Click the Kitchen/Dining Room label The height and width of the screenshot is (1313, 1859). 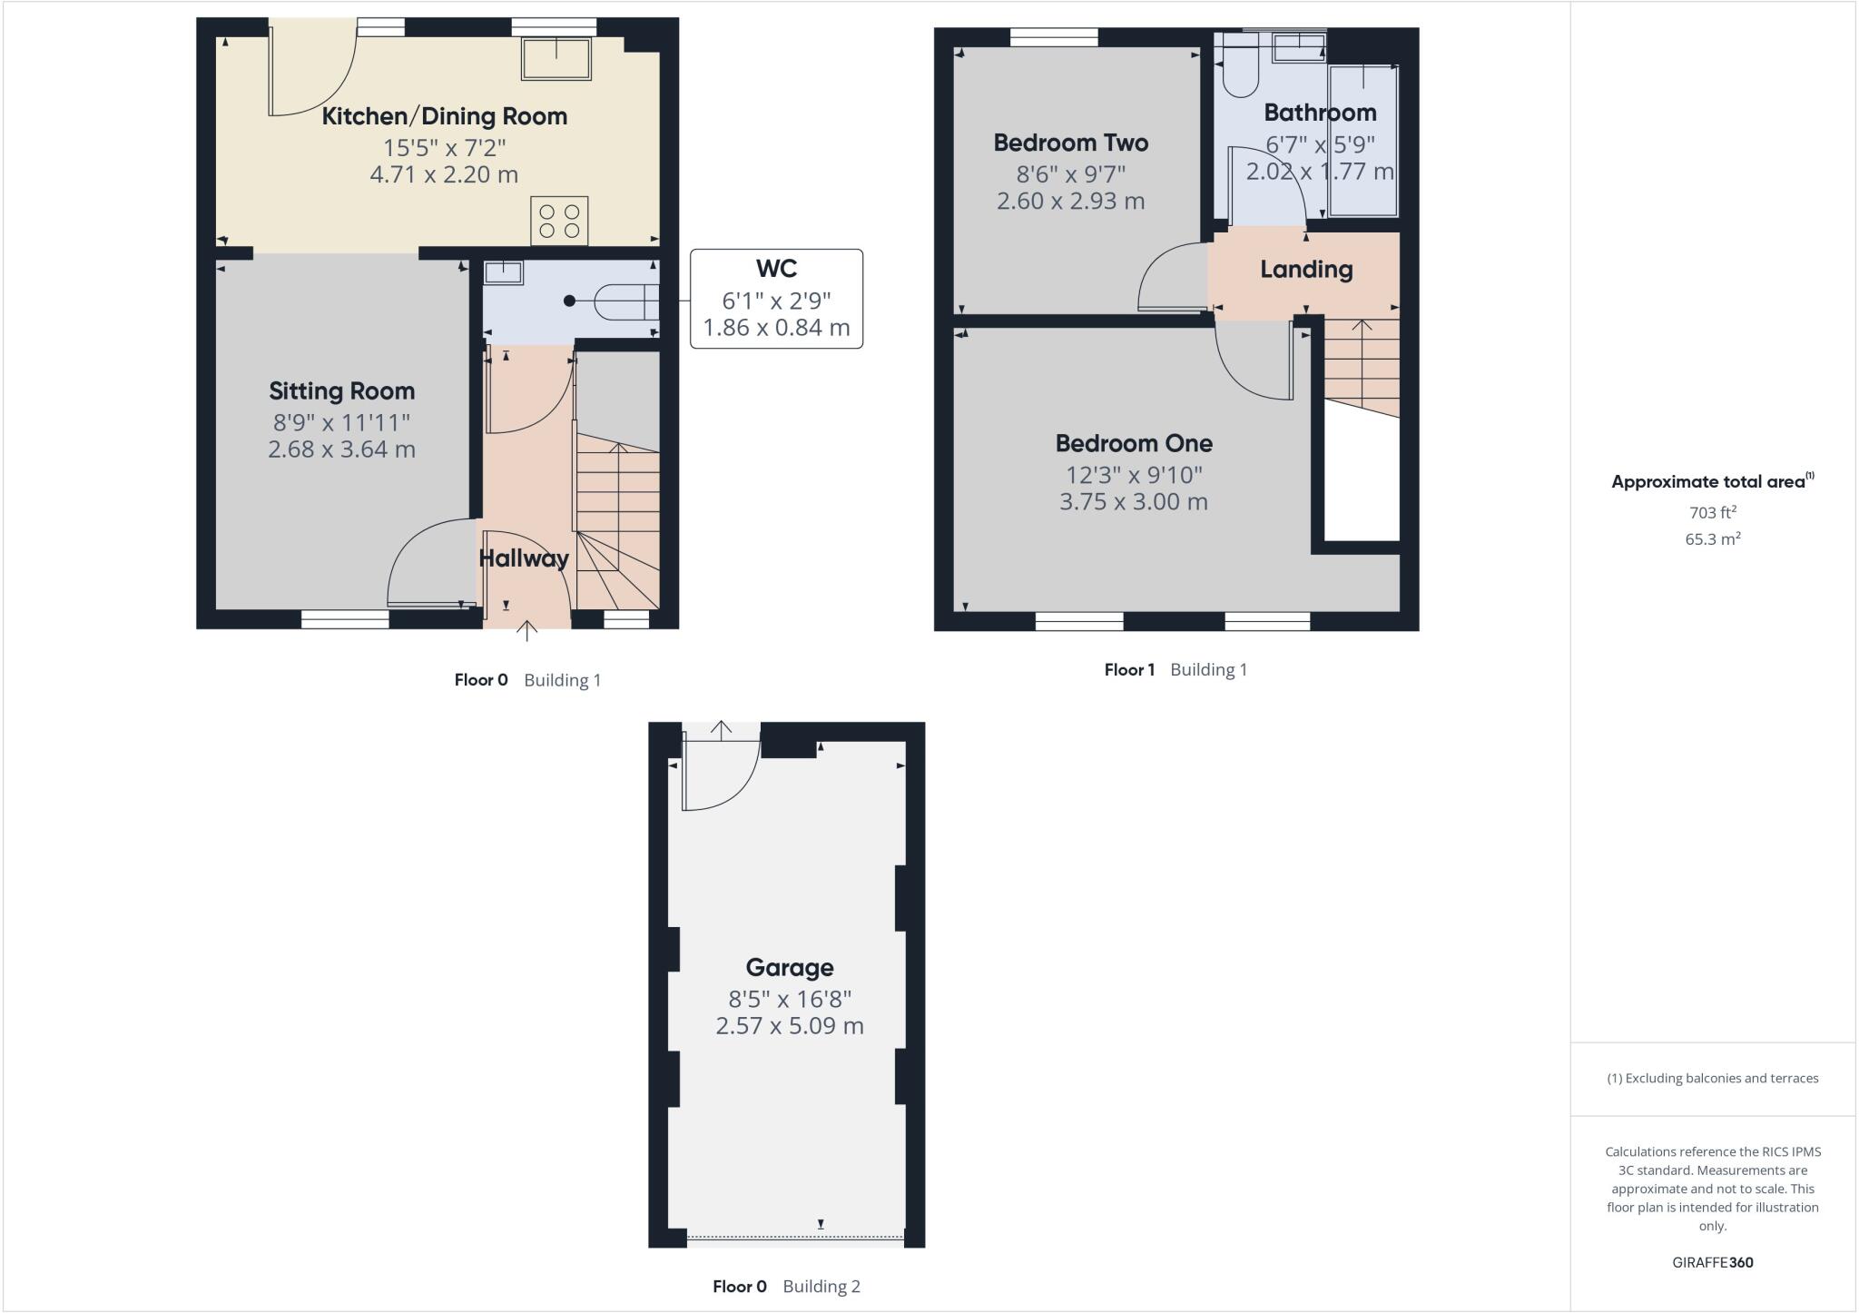coord(445,116)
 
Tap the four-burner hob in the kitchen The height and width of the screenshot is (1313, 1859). coord(559,222)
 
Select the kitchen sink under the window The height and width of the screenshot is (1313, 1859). coord(556,58)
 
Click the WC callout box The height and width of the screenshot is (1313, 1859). coord(776,299)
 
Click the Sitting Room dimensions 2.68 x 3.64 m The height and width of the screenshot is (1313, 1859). coord(341,449)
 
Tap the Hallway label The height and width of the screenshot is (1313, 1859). coord(524,558)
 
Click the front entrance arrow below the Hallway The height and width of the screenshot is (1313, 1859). coord(526,630)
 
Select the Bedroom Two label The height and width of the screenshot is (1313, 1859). coord(1071,143)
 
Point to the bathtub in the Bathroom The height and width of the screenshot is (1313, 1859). coord(1363,141)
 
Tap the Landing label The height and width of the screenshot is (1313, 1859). coord(1306,270)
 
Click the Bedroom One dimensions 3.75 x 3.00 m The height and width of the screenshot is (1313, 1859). coord(1134,502)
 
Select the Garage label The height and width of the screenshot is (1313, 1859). coord(790,968)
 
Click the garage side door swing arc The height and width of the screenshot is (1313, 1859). coord(722,781)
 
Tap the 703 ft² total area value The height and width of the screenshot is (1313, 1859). coord(1712,512)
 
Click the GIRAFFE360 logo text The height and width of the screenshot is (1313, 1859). coord(1712,1262)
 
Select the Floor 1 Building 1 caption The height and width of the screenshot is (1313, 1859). coord(1175,670)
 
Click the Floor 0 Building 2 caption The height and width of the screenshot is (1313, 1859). coord(786,1287)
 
